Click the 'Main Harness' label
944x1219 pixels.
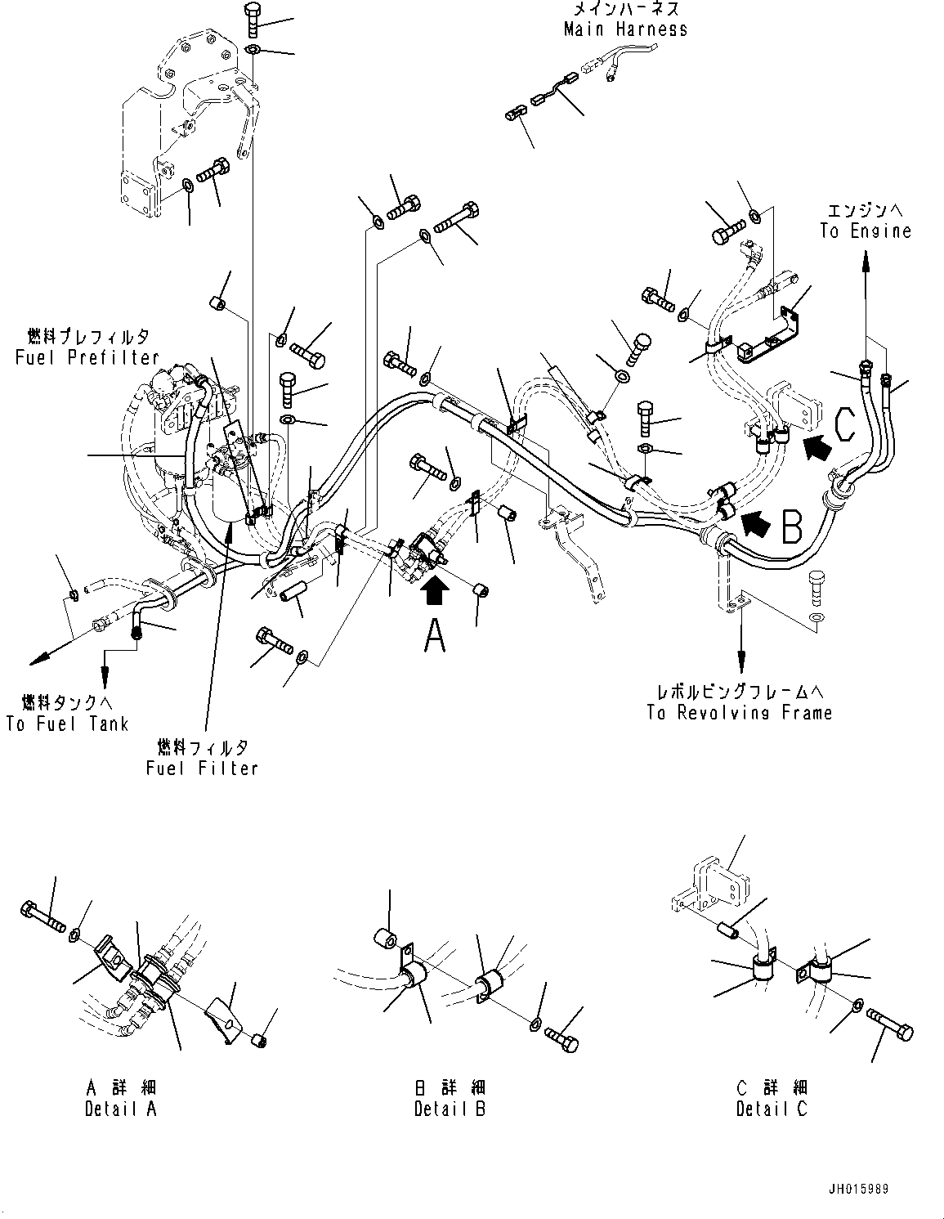pyautogui.click(x=625, y=29)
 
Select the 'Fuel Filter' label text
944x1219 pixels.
pyautogui.click(x=202, y=768)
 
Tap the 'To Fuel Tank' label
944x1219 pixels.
pyautogui.click(x=67, y=724)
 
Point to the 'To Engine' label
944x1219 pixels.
pyautogui.click(x=866, y=231)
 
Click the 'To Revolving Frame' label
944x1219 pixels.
pyautogui.click(x=739, y=713)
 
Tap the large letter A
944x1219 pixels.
pyautogui.click(x=435, y=636)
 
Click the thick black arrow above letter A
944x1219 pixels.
pyautogui.click(x=435, y=590)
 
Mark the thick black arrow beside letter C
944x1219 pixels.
pyautogui.click(x=817, y=446)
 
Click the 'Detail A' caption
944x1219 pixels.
pyautogui.click(x=120, y=1109)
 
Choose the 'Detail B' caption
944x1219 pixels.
pyautogui.click(x=450, y=1109)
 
